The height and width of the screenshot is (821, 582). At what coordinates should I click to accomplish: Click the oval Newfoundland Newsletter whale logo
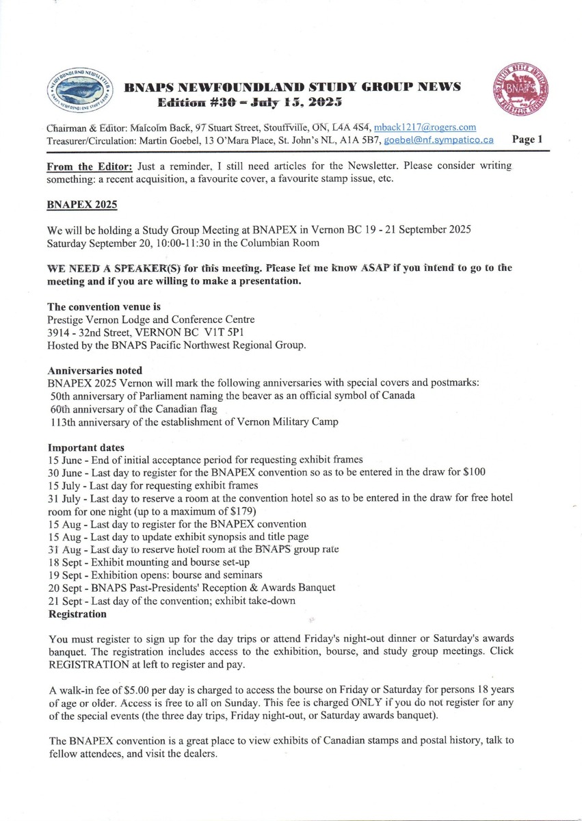click(x=78, y=93)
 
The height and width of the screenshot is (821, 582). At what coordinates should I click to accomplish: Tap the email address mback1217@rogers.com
click(x=425, y=128)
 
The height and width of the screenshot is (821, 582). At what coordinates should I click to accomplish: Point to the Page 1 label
click(x=527, y=140)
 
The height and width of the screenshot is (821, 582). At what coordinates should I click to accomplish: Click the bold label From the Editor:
click(x=90, y=167)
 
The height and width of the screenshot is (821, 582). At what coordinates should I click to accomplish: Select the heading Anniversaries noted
click(x=94, y=371)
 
